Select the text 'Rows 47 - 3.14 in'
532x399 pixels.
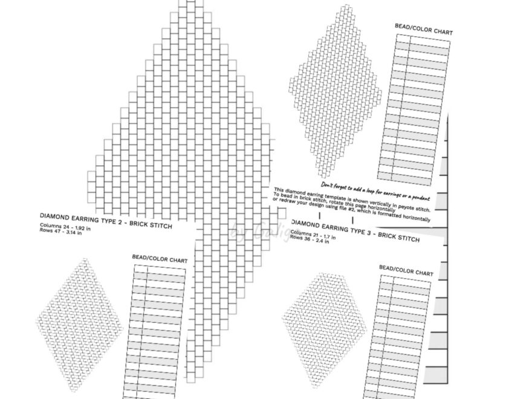pos(60,233)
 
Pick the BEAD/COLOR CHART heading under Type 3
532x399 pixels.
pos(406,270)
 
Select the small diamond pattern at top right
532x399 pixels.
pos(335,91)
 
